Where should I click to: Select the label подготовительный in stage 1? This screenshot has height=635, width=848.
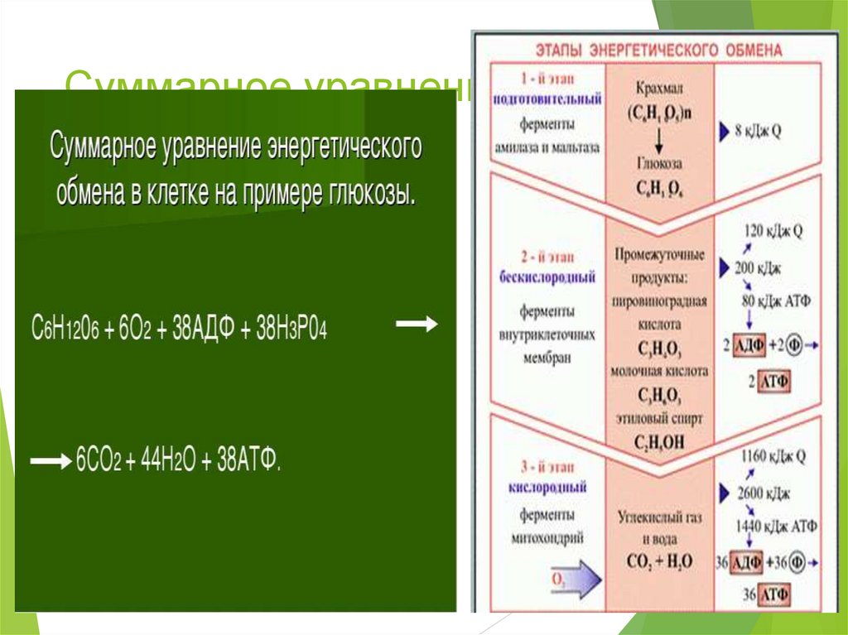(x=547, y=99)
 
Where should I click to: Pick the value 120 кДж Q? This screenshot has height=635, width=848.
(x=774, y=233)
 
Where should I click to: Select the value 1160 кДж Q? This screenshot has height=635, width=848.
(x=776, y=455)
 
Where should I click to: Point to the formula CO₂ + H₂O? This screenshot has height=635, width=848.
(x=661, y=561)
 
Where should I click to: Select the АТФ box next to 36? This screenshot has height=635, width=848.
(x=773, y=594)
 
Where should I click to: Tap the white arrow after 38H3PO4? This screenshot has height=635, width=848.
(x=417, y=325)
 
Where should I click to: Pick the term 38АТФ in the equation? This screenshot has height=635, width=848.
(x=248, y=460)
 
